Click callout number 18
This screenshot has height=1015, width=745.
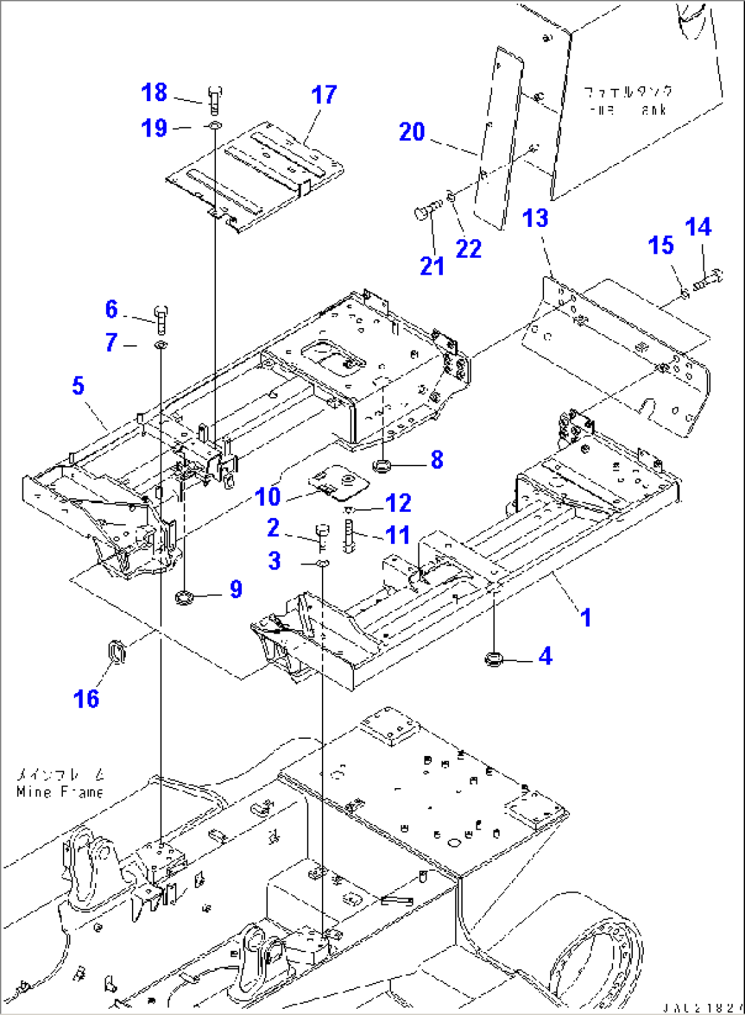coord(154,92)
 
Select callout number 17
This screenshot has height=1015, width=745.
coord(324,94)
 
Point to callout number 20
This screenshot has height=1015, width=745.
coord(411,131)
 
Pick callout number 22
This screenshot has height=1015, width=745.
coord(468,249)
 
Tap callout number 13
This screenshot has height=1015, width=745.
coord(535,218)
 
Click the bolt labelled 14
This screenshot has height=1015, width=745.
coord(708,280)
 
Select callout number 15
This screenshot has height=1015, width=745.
coord(661,245)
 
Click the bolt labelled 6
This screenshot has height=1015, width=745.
coord(161,318)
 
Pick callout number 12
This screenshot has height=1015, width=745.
coord(398,503)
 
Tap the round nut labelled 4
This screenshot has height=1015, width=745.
coord(493,660)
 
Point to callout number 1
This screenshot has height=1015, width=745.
coord(586,617)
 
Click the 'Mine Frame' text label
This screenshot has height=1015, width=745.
coord(60,792)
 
